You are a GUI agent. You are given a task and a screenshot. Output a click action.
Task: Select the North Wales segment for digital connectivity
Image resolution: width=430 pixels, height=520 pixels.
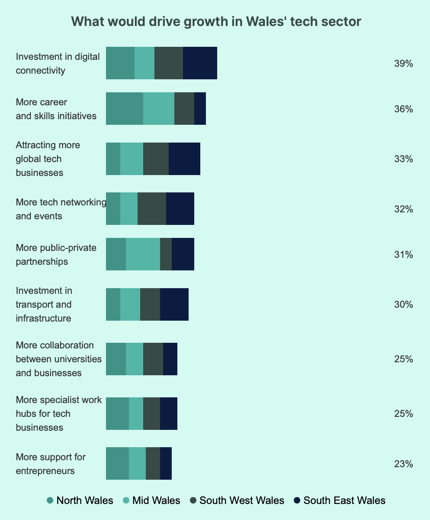[120, 63]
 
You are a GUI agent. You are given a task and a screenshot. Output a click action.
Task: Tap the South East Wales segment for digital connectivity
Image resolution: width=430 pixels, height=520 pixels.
[200, 63]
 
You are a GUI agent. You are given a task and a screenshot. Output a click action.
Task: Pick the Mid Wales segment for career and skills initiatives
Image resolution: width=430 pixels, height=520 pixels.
[159, 109]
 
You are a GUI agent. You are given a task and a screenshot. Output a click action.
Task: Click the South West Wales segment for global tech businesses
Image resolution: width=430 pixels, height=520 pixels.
[156, 159]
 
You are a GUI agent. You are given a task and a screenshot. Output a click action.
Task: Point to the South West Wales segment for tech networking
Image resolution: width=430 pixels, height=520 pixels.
[152, 209]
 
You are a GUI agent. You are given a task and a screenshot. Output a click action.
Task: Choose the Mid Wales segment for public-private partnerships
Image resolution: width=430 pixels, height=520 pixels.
[143, 254]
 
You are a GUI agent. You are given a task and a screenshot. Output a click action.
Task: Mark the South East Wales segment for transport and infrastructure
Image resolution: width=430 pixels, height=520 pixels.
[174, 304]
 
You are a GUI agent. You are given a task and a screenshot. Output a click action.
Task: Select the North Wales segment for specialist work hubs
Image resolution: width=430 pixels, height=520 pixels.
[117, 413]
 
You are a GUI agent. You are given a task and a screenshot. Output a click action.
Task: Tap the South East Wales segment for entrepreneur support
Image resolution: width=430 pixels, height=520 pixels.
[166, 464]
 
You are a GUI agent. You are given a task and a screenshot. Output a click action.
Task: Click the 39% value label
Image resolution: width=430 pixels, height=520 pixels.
[403, 64]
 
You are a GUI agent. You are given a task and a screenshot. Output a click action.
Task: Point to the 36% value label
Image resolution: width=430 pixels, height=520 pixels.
[403, 109]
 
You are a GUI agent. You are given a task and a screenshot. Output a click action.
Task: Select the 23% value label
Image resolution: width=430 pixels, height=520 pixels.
[403, 464]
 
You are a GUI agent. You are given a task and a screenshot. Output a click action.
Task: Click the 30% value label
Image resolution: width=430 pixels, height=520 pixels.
[403, 305]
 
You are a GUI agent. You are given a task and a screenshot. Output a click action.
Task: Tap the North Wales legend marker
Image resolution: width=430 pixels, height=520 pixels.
[50, 501]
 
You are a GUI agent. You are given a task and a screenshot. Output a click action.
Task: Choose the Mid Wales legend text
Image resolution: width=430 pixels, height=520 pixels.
[156, 501]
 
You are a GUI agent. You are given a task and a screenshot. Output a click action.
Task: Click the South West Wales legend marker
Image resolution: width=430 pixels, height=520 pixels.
[193, 501]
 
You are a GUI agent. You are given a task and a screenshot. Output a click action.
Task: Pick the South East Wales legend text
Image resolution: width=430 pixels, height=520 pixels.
[344, 501]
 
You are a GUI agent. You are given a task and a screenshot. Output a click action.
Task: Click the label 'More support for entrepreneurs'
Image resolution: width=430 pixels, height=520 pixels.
[51, 464]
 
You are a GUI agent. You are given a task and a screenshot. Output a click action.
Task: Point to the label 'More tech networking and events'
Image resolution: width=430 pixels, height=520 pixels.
[61, 209]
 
